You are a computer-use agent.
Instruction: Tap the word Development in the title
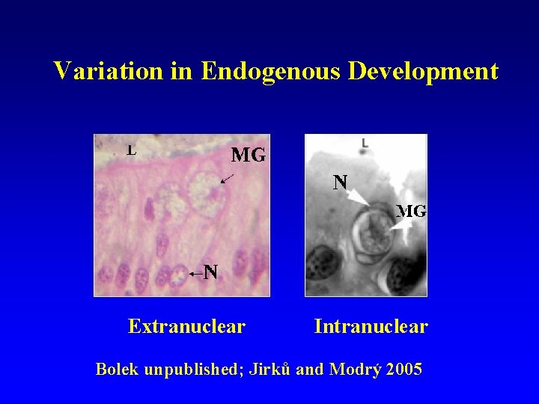click(x=423, y=71)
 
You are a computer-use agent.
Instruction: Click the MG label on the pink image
click(x=248, y=156)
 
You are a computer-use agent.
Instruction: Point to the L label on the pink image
click(x=131, y=150)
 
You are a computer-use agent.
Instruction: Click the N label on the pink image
click(x=211, y=272)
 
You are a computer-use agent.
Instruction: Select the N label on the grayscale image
click(x=341, y=181)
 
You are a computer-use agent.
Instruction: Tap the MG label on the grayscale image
click(x=411, y=211)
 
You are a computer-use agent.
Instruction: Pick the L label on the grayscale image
click(x=364, y=142)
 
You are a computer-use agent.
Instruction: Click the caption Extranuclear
click(x=186, y=326)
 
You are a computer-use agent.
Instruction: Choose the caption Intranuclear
click(x=371, y=326)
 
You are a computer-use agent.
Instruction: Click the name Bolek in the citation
click(x=116, y=369)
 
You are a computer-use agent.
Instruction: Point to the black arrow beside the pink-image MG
click(x=227, y=178)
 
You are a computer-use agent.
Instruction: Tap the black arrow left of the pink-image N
click(x=195, y=275)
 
